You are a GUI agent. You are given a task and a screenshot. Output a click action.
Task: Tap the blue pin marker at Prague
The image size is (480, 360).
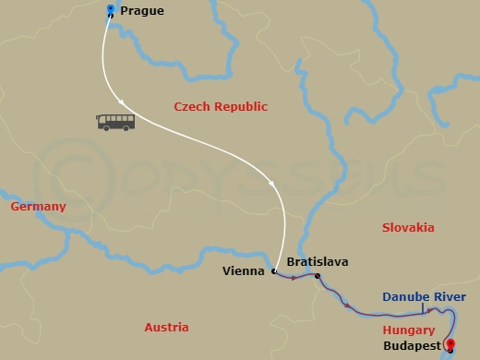(111, 11)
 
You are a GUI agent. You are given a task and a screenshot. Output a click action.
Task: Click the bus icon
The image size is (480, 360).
(115, 122)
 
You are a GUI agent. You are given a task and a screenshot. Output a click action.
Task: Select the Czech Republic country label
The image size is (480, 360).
(221, 107)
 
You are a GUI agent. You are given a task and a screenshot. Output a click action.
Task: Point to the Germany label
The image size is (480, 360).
(38, 207)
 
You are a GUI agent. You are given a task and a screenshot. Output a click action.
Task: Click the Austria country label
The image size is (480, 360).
(166, 328)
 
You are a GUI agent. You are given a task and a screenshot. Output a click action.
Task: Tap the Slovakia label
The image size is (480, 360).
(407, 227)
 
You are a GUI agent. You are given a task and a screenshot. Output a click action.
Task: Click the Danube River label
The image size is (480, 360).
(425, 297)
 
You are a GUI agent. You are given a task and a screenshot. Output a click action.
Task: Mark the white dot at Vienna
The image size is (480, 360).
(273, 271)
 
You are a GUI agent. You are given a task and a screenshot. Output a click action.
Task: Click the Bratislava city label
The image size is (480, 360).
(318, 262)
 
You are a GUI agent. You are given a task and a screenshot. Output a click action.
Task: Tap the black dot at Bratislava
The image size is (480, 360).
(318, 277)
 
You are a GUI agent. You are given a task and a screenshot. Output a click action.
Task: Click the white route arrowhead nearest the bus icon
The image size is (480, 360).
(122, 100)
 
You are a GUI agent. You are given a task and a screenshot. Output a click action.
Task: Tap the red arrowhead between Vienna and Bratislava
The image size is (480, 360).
(294, 276)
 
